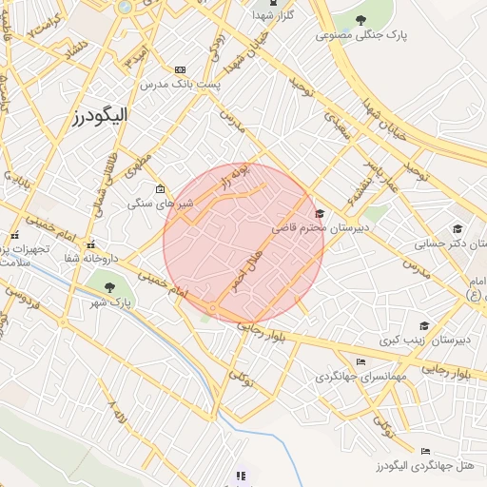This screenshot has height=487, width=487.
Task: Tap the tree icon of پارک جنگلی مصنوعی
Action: point(360,20)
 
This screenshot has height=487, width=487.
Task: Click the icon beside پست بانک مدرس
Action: point(180,70)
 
